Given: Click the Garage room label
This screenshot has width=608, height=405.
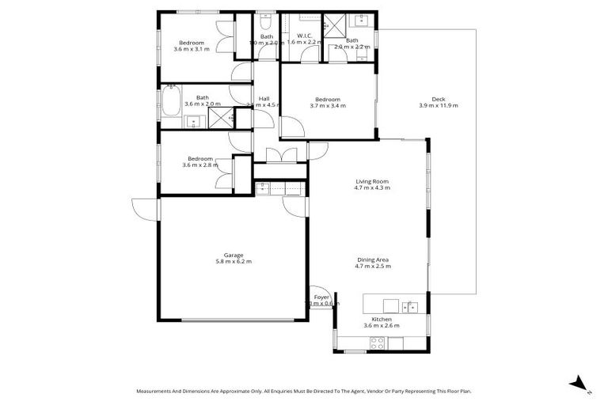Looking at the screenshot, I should pos(233,255).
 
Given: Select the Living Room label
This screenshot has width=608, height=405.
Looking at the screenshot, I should pos(371,181).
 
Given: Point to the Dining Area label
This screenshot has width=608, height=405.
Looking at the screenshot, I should pos(372,259).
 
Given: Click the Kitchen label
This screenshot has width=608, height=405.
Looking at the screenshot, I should pos(382,319).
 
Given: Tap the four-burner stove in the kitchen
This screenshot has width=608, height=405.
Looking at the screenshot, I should pos(378,343).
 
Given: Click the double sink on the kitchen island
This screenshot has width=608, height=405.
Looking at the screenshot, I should pos(410,305).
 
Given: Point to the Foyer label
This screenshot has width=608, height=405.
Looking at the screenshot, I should pos(321,297).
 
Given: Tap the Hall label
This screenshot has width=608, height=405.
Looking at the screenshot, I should pos(264,98).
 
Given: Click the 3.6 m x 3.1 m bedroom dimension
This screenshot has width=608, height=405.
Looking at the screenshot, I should pos(192,49).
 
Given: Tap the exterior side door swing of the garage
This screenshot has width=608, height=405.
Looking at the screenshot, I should pos(145,208).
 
